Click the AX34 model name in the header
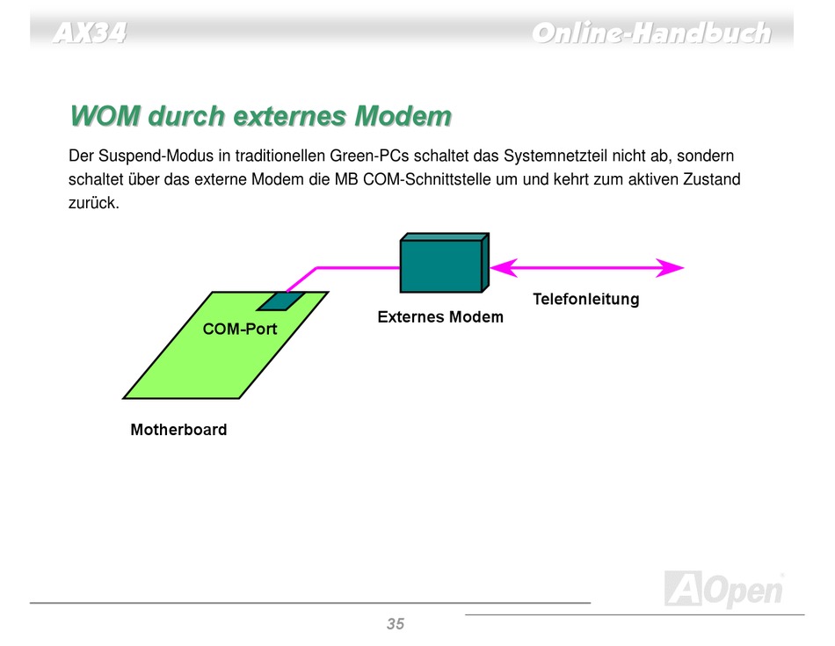[90, 33]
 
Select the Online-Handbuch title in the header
[651, 33]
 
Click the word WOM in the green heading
[105, 115]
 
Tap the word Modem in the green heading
[403, 115]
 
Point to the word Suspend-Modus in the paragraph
[156, 156]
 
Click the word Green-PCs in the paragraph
[369, 156]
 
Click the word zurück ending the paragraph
[94, 202]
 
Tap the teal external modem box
[444, 263]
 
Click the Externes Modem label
[440, 317]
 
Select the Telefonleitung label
[585, 299]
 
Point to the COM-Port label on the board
[240, 329]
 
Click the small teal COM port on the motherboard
[280, 301]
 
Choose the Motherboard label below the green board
[179, 429]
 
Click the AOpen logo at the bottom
[724, 589]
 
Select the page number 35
[396, 624]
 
